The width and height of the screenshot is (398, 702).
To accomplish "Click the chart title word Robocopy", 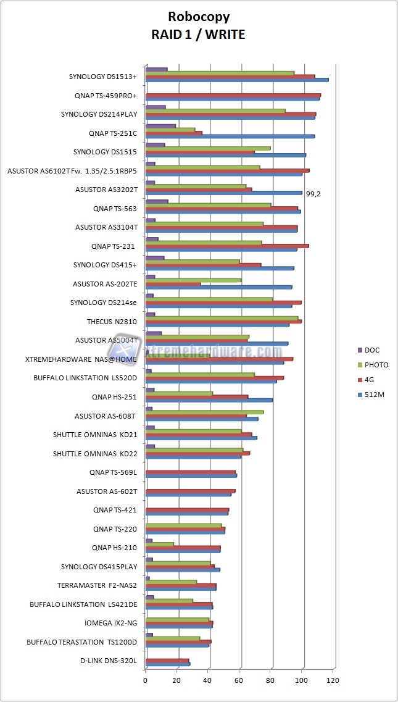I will [198, 17].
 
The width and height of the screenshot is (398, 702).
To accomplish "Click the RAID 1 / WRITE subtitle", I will [198, 35].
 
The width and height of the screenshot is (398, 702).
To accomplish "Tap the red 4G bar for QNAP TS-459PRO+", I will [233, 95].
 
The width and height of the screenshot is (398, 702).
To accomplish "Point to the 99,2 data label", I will [313, 194].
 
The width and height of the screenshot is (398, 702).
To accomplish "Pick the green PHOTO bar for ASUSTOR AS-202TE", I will [193, 280].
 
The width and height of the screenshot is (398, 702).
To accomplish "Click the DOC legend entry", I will [371, 350].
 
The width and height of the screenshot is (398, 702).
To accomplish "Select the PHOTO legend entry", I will [376, 365].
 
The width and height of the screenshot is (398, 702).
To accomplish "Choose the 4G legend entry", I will [370, 380].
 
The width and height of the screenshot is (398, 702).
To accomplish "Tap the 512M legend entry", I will [373, 395].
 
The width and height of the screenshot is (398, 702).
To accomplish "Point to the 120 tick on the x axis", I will [334, 680].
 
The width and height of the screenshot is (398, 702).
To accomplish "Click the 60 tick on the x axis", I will [239, 680].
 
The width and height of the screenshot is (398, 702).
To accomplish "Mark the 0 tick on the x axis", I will [146, 680].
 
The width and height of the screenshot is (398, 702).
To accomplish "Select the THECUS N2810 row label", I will [112, 322].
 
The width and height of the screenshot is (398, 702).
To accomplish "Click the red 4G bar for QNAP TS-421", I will [187, 510].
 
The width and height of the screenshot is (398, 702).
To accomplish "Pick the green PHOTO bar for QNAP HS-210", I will [159, 544].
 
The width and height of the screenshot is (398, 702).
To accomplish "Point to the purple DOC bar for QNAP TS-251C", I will [160, 126].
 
